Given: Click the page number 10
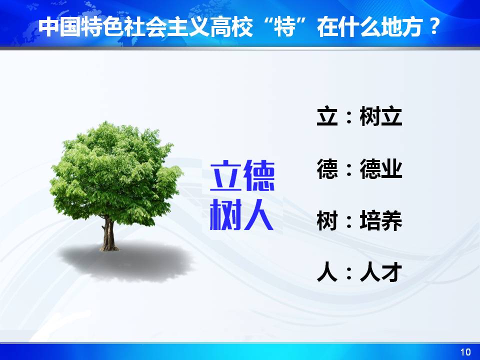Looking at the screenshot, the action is (x=465, y=352).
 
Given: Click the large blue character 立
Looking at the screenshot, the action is (x=226, y=175).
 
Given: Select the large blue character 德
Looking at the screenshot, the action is (x=259, y=175).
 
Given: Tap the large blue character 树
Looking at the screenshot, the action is (x=226, y=214).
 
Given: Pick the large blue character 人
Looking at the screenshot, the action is (x=258, y=214).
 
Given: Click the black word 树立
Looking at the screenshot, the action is (x=380, y=116).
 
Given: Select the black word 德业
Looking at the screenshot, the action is (x=380, y=168).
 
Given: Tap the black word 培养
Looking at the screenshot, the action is (x=380, y=220).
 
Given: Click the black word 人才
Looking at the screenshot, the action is (x=380, y=272).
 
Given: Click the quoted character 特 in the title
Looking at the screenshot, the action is (x=284, y=27).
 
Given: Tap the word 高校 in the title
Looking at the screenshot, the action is (x=231, y=27).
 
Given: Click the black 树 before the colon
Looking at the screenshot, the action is (x=327, y=220).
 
